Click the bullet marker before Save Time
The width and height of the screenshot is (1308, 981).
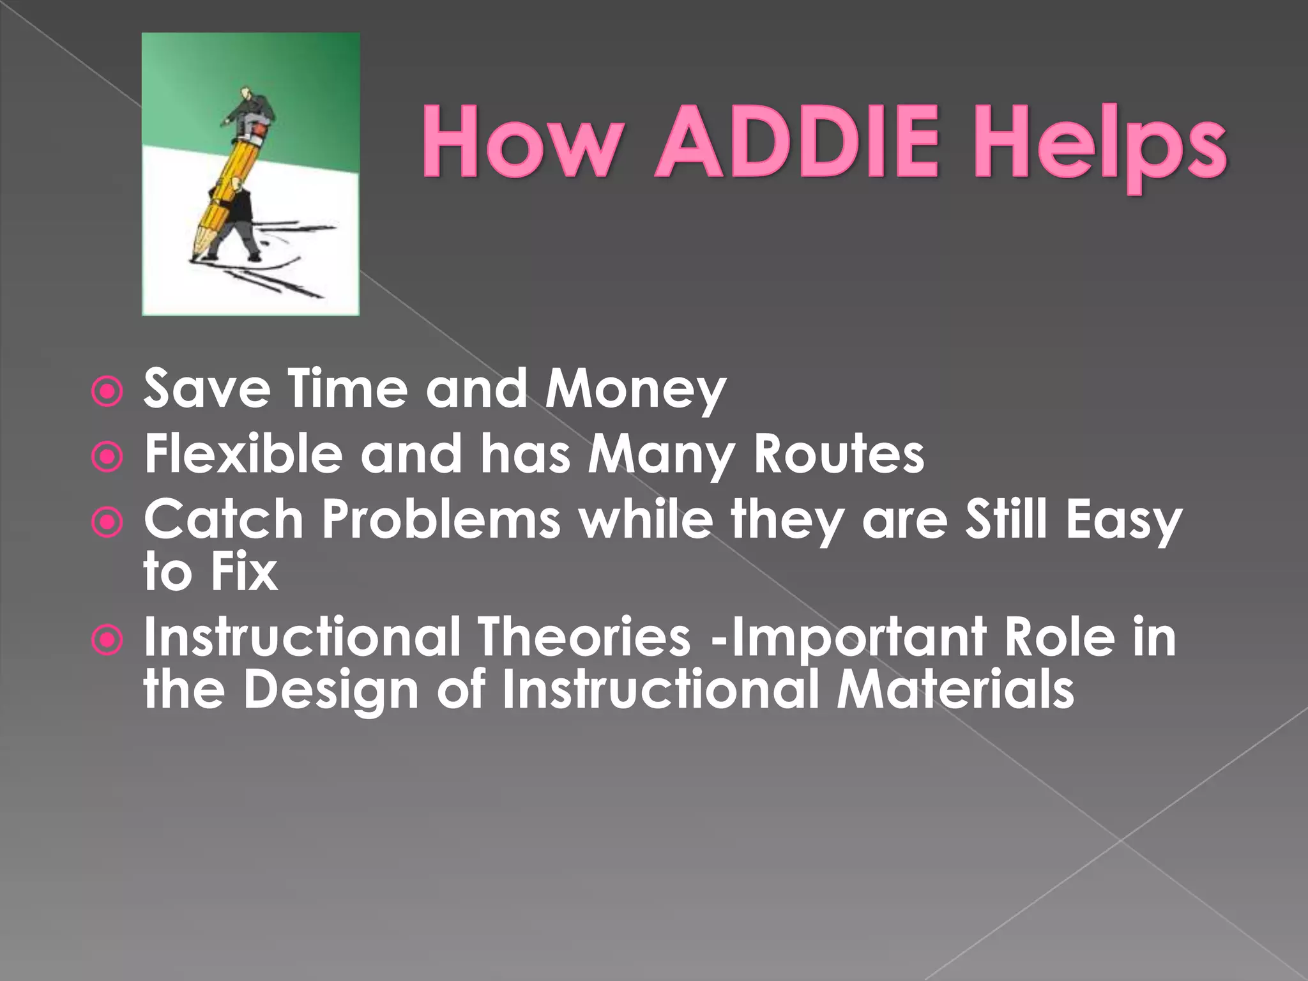click(107, 392)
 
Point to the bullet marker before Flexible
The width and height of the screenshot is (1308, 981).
click(107, 457)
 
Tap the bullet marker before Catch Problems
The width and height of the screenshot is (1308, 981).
click(107, 523)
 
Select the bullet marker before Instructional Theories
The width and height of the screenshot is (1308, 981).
click(107, 641)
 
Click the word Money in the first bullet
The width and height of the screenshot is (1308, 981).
click(635, 389)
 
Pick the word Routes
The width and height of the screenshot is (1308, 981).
click(839, 454)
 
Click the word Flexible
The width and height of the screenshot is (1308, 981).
click(243, 454)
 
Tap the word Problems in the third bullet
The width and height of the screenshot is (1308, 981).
click(441, 519)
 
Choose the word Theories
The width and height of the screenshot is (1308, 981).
click(584, 637)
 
